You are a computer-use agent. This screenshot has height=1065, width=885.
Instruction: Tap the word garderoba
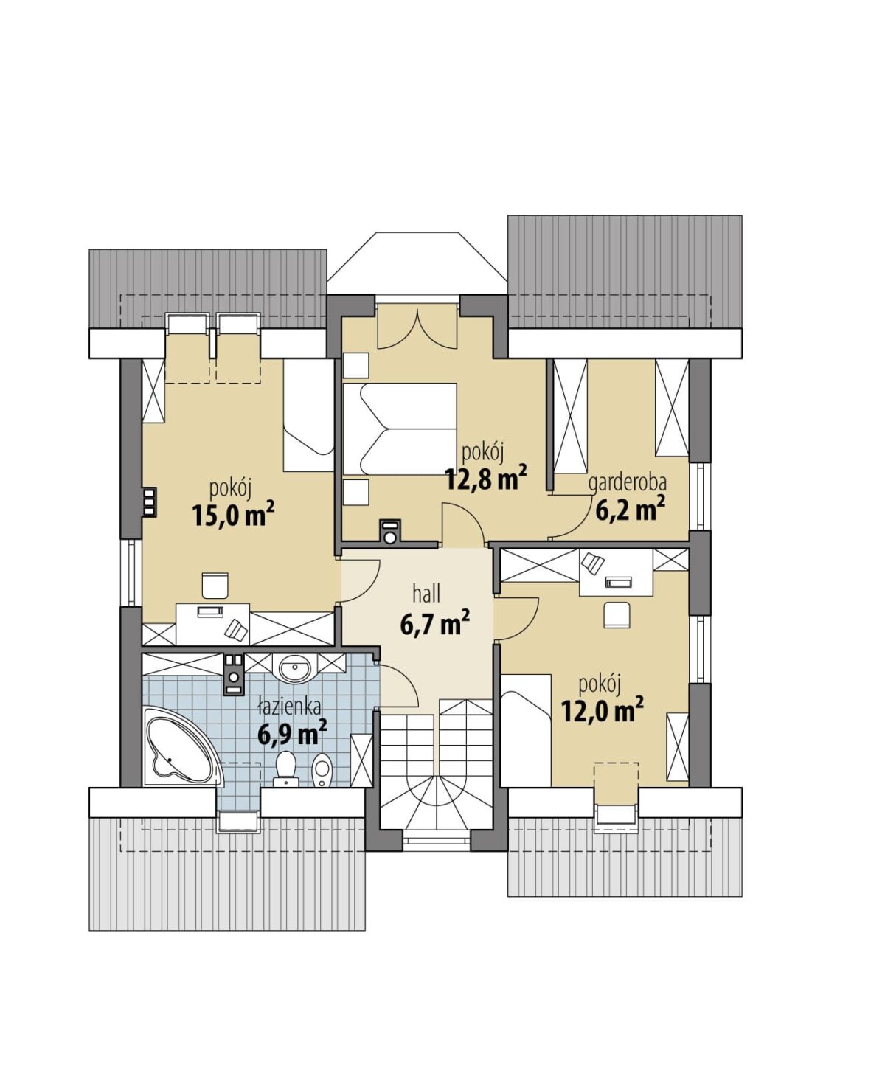[628, 483]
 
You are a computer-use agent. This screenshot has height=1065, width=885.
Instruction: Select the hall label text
[426, 594]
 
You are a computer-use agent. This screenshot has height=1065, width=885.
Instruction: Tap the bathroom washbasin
[294, 668]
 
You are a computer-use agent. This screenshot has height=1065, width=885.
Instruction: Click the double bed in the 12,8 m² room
[399, 429]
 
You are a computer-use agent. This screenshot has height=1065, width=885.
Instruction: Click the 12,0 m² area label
[602, 710]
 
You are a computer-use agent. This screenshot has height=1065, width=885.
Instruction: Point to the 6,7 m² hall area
[434, 624]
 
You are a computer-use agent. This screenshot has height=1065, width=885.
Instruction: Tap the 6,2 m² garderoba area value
[631, 507]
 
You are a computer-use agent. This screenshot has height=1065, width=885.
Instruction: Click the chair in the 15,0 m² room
[215, 585]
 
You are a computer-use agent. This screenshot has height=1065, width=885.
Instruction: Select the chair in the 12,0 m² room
[617, 614]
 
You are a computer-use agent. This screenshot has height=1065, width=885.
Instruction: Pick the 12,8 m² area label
[485, 477]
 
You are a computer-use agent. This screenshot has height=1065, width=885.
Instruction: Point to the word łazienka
[290, 707]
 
